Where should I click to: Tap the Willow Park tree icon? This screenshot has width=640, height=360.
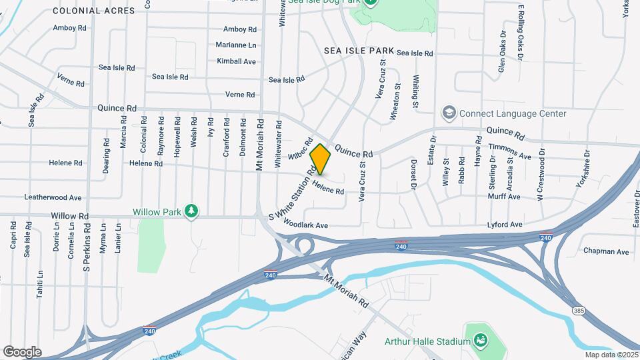192,211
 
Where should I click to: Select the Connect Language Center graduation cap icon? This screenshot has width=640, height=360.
449,113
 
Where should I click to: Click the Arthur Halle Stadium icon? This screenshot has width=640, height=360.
479,341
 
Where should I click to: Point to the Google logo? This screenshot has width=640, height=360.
22,351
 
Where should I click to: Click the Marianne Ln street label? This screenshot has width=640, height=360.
236,45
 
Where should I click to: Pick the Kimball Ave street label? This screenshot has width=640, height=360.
237,61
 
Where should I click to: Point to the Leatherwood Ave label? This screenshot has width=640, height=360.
53,198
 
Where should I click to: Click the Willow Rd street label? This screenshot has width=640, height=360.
70,217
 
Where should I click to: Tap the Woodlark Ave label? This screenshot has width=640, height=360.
305,225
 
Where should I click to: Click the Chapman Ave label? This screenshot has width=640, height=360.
606,252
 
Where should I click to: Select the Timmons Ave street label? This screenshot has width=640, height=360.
509,156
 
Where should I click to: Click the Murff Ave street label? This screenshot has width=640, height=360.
504,197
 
